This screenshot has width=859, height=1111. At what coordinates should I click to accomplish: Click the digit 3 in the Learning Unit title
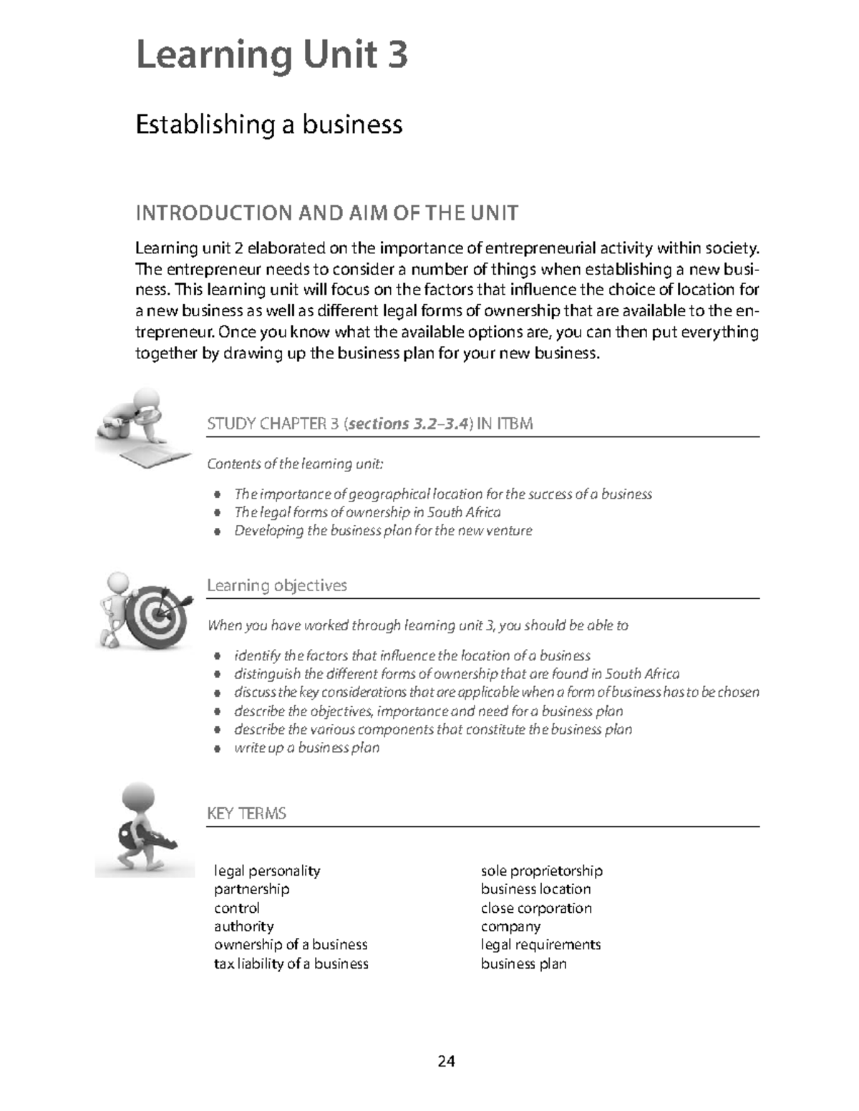396,55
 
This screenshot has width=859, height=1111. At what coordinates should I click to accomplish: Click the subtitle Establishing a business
269,124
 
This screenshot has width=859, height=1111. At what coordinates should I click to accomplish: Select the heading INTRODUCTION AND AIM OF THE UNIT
326,213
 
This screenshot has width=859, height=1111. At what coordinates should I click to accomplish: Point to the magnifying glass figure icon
140,427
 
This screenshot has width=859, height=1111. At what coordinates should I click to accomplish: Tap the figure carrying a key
143,830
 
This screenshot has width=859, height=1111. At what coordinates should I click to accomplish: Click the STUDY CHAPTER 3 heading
369,424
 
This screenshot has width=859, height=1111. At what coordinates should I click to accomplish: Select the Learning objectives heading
276,585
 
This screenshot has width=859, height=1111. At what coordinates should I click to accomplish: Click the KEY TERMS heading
246,813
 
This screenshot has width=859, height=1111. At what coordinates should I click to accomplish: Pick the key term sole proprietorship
541,871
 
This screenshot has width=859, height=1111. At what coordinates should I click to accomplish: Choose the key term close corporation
536,908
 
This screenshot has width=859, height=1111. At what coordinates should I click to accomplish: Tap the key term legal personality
267,871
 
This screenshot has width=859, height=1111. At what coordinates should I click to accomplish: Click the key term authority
243,926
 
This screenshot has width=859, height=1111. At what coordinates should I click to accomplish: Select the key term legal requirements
540,944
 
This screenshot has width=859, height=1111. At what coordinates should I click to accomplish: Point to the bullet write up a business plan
306,748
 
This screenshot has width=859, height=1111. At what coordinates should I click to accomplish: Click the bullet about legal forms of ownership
367,512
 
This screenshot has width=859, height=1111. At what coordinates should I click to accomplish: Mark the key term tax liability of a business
291,964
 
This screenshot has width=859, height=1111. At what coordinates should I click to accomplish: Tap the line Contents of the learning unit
295,464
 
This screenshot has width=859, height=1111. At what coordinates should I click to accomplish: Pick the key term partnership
251,889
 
